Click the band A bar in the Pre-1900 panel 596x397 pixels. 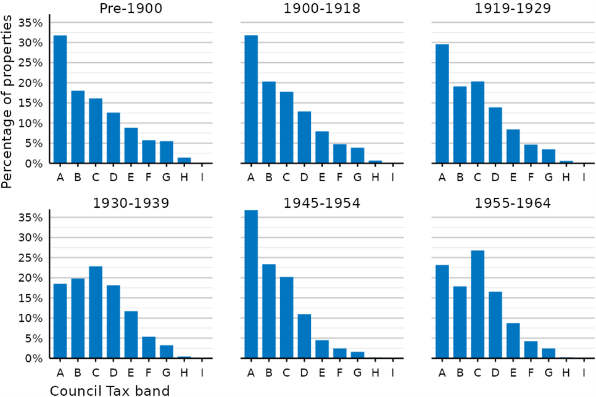click(x=60, y=99)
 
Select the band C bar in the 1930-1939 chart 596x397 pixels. click(x=96, y=313)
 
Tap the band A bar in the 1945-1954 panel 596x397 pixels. click(x=251, y=284)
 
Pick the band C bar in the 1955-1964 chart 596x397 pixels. click(x=478, y=305)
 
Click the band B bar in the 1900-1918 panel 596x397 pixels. click(x=269, y=122)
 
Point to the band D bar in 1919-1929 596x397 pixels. click(x=495, y=135)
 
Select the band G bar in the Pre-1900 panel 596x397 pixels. click(x=167, y=152)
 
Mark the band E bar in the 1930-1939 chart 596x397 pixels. click(x=131, y=335)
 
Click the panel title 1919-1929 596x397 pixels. click(x=513, y=8)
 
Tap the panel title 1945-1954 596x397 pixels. click(x=322, y=203)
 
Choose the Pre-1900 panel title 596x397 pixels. click(x=131, y=8)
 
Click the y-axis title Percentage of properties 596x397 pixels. click(x=6, y=102)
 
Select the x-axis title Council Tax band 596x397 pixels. click(x=110, y=391)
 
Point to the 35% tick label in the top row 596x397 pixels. click(x=30, y=23)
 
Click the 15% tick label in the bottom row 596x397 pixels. click(x=30, y=298)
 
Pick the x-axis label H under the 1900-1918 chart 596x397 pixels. click(x=375, y=177)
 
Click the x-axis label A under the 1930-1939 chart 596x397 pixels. click(x=60, y=373)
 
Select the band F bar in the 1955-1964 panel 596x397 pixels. click(x=531, y=350)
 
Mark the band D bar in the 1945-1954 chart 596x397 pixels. click(x=304, y=336)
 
